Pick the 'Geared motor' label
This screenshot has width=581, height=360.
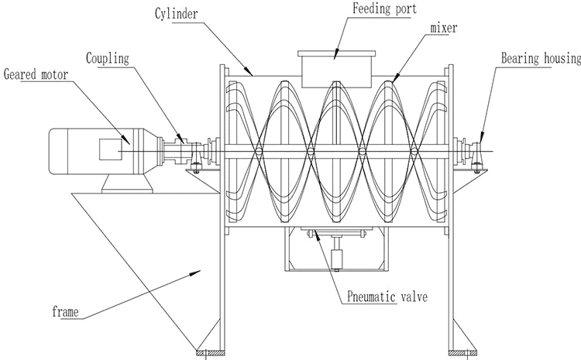click(36, 74)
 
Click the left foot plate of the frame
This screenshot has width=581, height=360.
click(209, 354)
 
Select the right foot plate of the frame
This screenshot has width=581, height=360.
click(462, 354)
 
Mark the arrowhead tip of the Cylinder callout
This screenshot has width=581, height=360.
click(253, 74)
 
